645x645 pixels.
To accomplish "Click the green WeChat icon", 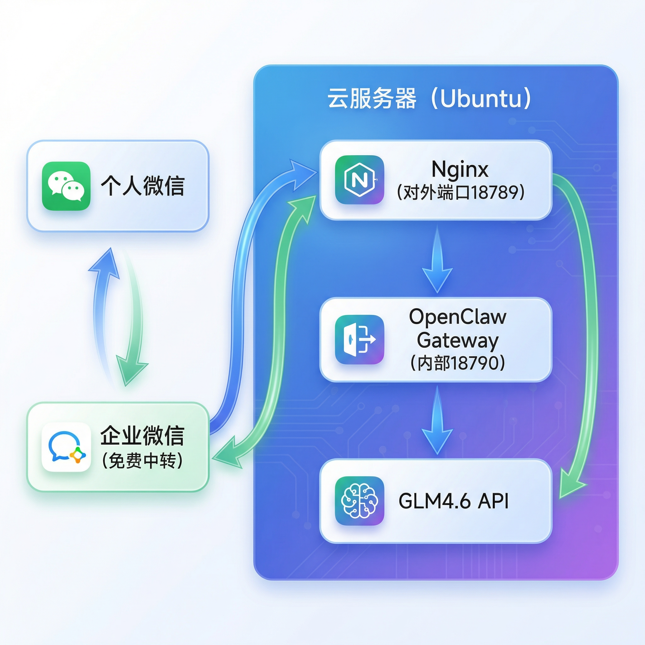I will point(66,186).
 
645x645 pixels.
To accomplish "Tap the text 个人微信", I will point(143,186).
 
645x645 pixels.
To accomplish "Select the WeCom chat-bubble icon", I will point(66,447).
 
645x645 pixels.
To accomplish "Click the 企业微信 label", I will point(142,435).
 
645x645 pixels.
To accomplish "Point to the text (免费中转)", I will point(143,461).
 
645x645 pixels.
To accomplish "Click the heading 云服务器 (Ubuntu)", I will point(429,99).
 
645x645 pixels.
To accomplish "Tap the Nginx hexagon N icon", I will point(359,180).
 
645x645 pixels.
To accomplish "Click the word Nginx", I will point(460,169).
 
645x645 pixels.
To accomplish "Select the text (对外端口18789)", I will point(460,193).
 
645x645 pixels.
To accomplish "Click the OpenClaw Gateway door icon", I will point(359,339).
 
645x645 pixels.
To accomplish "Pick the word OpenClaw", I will point(457,317).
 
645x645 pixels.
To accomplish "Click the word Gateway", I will point(457,340).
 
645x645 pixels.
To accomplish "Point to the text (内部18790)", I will point(457,363).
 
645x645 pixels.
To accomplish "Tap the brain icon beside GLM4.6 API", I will point(359,501).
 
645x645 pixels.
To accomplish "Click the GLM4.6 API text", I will point(454,501).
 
